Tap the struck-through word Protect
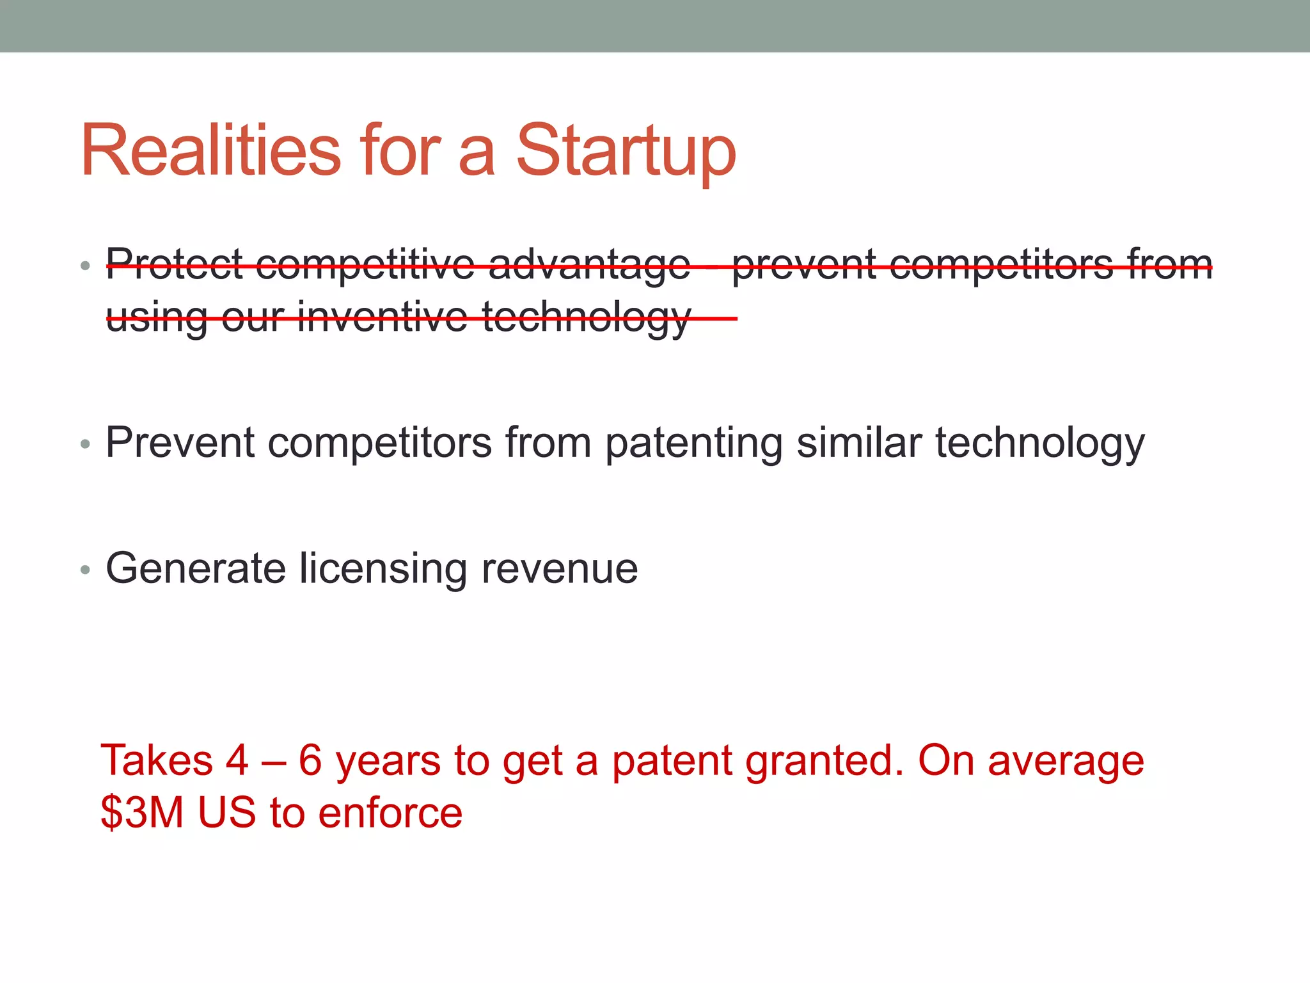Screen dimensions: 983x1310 tap(174, 264)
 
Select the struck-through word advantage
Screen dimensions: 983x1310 tap(589, 264)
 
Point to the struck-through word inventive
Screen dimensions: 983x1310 tap(383, 316)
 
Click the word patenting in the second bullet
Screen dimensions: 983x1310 tap(693, 443)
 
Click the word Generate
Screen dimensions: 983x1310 tap(195, 568)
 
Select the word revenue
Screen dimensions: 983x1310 tap(560, 568)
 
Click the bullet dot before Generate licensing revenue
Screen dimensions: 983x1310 tap(85, 570)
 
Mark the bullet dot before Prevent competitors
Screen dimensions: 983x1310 tap(85, 444)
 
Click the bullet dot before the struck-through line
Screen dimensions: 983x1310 tap(85, 266)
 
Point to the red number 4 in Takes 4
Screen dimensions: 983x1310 tap(237, 760)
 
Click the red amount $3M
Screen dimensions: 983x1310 tap(142, 813)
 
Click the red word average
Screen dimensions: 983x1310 tap(1066, 760)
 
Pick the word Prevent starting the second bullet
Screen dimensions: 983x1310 tap(180, 443)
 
